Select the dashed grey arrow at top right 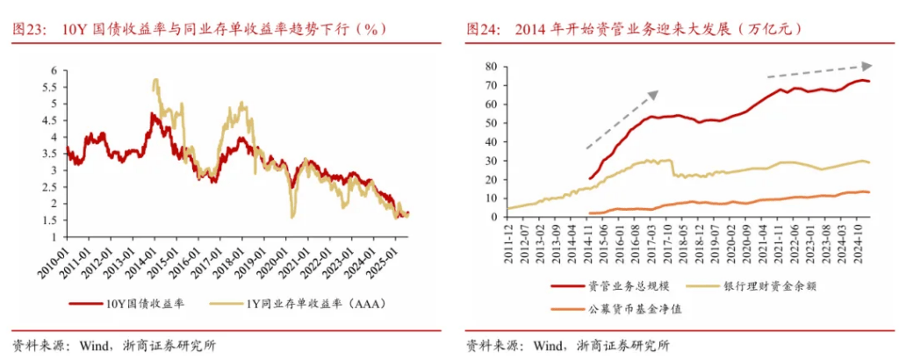coord(819,70)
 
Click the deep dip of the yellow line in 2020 coord(292,215)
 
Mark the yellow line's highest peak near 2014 coord(155,81)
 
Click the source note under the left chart coord(114,344)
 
